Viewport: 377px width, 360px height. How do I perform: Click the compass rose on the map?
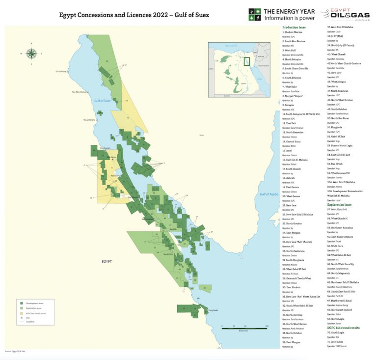(31, 53)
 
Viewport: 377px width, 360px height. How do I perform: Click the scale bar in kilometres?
(244, 328)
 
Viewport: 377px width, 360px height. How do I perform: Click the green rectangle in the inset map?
(247, 61)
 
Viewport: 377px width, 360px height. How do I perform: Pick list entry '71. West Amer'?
(337, 341)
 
